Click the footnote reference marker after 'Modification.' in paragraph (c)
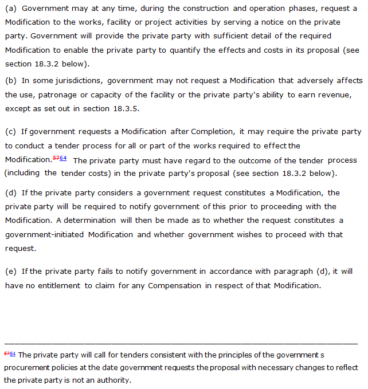coord(60,159)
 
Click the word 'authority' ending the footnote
coord(115,380)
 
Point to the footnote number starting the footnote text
coord(10,353)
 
